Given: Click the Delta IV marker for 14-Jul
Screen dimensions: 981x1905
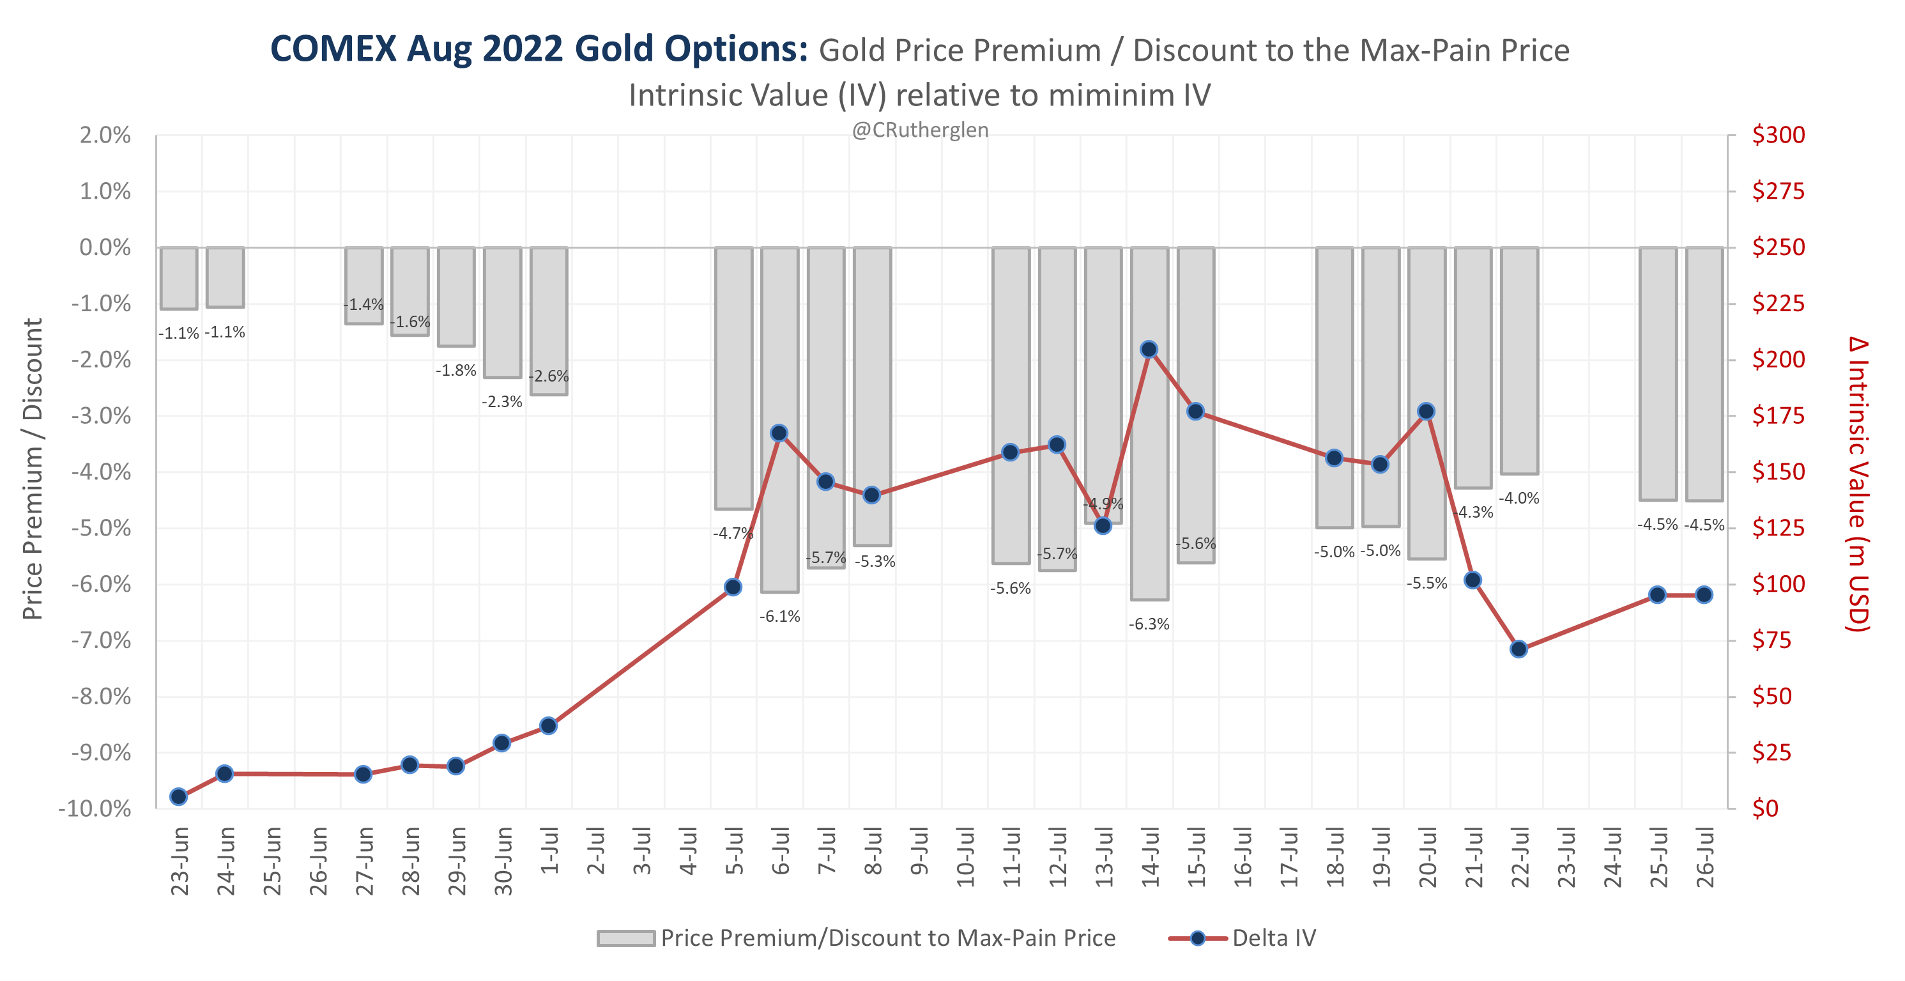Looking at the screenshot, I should tap(1149, 349).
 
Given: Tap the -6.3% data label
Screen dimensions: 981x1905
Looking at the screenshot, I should tap(1149, 624).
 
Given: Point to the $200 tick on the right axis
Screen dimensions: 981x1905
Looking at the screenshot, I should tap(1778, 360).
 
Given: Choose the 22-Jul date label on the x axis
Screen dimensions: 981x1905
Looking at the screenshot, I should tap(1520, 858).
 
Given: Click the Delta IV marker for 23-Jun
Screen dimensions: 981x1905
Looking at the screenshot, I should tap(178, 797).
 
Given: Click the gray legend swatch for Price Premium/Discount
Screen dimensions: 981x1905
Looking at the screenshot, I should tap(625, 938).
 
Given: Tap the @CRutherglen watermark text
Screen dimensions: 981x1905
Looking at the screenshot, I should tap(919, 130).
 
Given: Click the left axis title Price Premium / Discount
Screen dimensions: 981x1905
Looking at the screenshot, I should tap(33, 469).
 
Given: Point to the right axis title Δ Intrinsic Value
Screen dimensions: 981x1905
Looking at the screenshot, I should tap(1858, 484).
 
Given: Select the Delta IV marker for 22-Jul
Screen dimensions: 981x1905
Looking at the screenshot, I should tap(1519, 649).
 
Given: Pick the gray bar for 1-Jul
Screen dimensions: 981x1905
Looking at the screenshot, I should tap(549, 321).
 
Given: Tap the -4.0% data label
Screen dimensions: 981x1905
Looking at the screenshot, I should tap(1519, 498).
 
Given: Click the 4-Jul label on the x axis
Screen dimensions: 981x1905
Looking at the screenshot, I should tap(688, 853).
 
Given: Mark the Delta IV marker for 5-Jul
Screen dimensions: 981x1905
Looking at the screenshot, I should tap(733, 587).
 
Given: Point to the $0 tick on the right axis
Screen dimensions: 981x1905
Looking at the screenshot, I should tap(1765, 808).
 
